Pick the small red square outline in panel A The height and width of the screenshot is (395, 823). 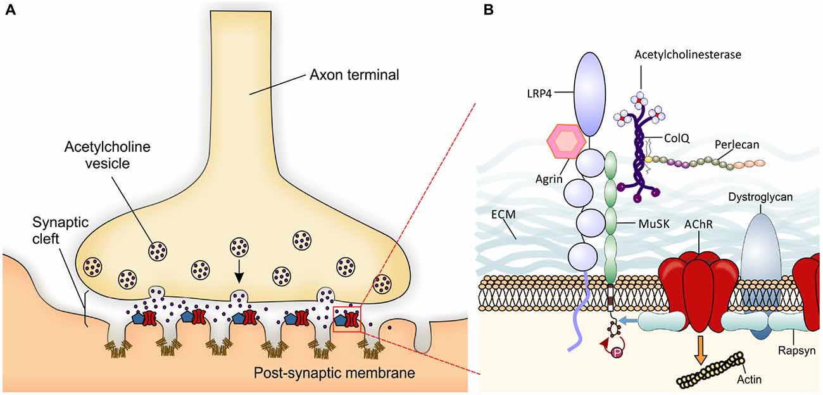[346, 318]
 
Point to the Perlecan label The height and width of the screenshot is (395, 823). [736, 145]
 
